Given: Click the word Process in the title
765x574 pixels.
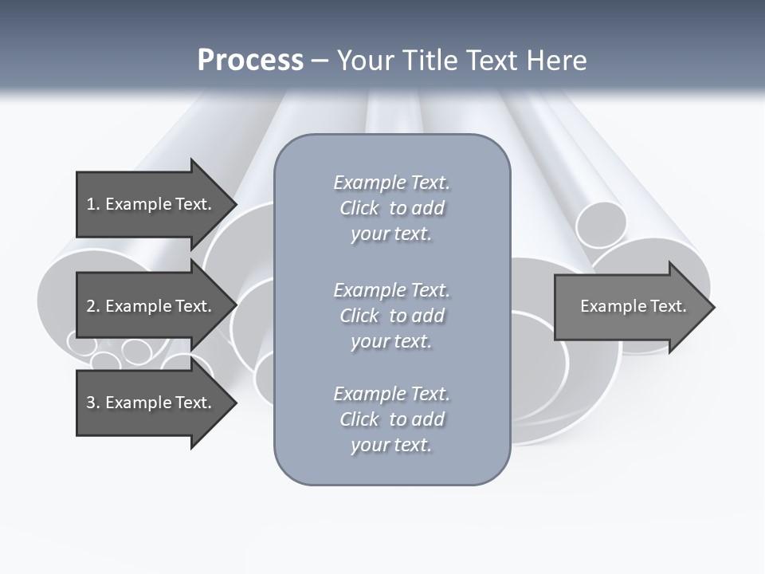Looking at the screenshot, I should [x=250, y=61].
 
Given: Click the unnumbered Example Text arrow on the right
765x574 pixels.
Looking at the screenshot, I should [x=633, y=306].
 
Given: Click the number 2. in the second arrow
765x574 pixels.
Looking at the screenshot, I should [x=92, y=306].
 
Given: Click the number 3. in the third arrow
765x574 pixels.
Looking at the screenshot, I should [x=92, y=403].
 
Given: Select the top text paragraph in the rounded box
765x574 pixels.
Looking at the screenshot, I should [x=391, y=208].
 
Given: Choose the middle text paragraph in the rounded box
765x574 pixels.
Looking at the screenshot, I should [x=391, y=316].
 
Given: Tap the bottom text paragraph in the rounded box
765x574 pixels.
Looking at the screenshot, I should [x=391, y=419].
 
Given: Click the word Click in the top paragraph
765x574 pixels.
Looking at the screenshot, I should [x=359, y=208].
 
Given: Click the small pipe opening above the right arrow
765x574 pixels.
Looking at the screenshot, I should [x=602, y=225].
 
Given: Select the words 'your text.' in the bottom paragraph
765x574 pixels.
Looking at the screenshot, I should [x=391, y=445].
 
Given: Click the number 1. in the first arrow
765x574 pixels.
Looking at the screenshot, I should [x=92, y=204].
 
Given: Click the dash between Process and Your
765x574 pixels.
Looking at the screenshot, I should [x=320, y=61].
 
